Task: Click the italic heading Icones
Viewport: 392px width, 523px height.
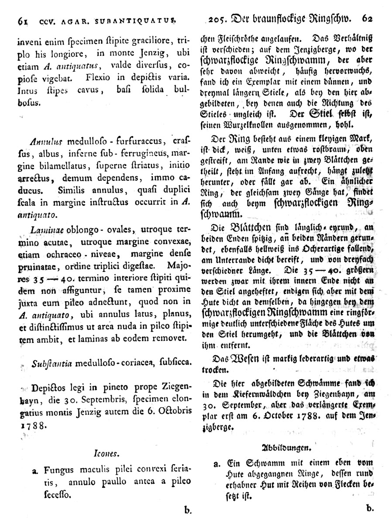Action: point(104,454)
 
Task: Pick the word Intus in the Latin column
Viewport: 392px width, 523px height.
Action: point(27,92)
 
